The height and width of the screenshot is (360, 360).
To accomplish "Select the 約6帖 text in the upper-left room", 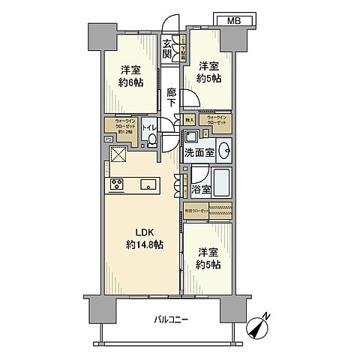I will (131, 82).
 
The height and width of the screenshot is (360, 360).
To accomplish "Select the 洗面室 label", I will (200, 152).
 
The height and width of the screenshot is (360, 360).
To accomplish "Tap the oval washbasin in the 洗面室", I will (223, 148).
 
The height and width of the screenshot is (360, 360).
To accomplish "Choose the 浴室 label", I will (200, 191).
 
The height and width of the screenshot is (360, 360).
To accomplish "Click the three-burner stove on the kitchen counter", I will (118, 184).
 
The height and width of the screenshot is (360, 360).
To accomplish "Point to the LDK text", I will (143, 231).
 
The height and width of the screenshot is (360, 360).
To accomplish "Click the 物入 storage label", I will (190, 119).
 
